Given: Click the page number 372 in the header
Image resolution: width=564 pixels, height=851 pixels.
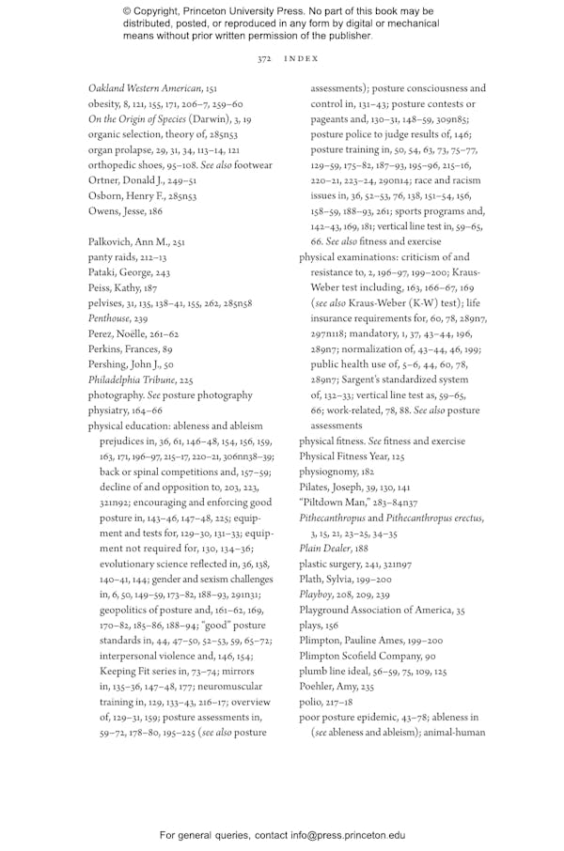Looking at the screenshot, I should point(264,58).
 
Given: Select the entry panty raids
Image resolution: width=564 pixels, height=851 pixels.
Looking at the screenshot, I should point(114,257).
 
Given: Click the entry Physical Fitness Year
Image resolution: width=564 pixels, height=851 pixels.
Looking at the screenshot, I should point(340,456).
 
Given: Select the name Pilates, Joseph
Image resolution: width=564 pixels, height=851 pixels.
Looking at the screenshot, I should point(335,487).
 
